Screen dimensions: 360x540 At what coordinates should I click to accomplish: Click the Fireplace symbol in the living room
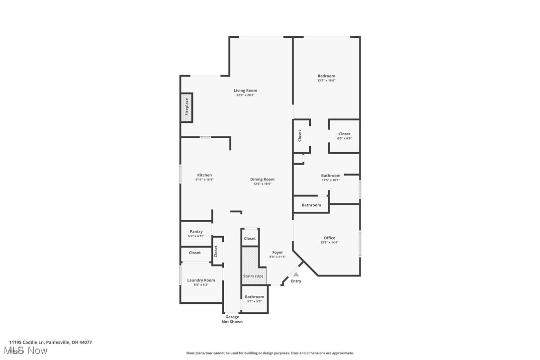pos(186,107)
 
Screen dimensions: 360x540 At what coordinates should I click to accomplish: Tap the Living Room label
pos(246,90)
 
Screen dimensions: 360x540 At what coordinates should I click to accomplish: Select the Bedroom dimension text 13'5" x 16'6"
pos(326,81)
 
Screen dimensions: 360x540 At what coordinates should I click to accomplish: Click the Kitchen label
pos(204,175)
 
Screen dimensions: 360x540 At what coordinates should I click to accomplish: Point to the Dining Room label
pos(262,180)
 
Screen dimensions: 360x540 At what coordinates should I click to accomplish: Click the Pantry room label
pos(196,231)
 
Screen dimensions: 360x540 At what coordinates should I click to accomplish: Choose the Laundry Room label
pos(201,280)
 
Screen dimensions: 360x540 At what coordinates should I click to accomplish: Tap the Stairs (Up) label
pos(253,276)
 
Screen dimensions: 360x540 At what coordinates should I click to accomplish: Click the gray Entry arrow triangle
pos(296,274)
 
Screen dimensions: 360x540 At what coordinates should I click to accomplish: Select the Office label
pos(329,238)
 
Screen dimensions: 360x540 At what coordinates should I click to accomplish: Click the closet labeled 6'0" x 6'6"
pos(344,136)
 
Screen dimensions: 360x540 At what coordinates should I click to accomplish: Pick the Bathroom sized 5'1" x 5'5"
pos(254,298)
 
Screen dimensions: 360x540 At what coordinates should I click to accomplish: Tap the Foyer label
pos(277,253)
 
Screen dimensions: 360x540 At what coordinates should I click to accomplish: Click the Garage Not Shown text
pos(232,319)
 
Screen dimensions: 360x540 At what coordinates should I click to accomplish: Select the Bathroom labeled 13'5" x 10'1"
pos(331,177)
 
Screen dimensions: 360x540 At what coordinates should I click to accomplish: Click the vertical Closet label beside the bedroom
pos(300,136)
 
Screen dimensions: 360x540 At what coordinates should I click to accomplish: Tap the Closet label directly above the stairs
pos(250,239)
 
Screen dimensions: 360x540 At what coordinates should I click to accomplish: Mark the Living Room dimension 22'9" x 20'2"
pos(246,95)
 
